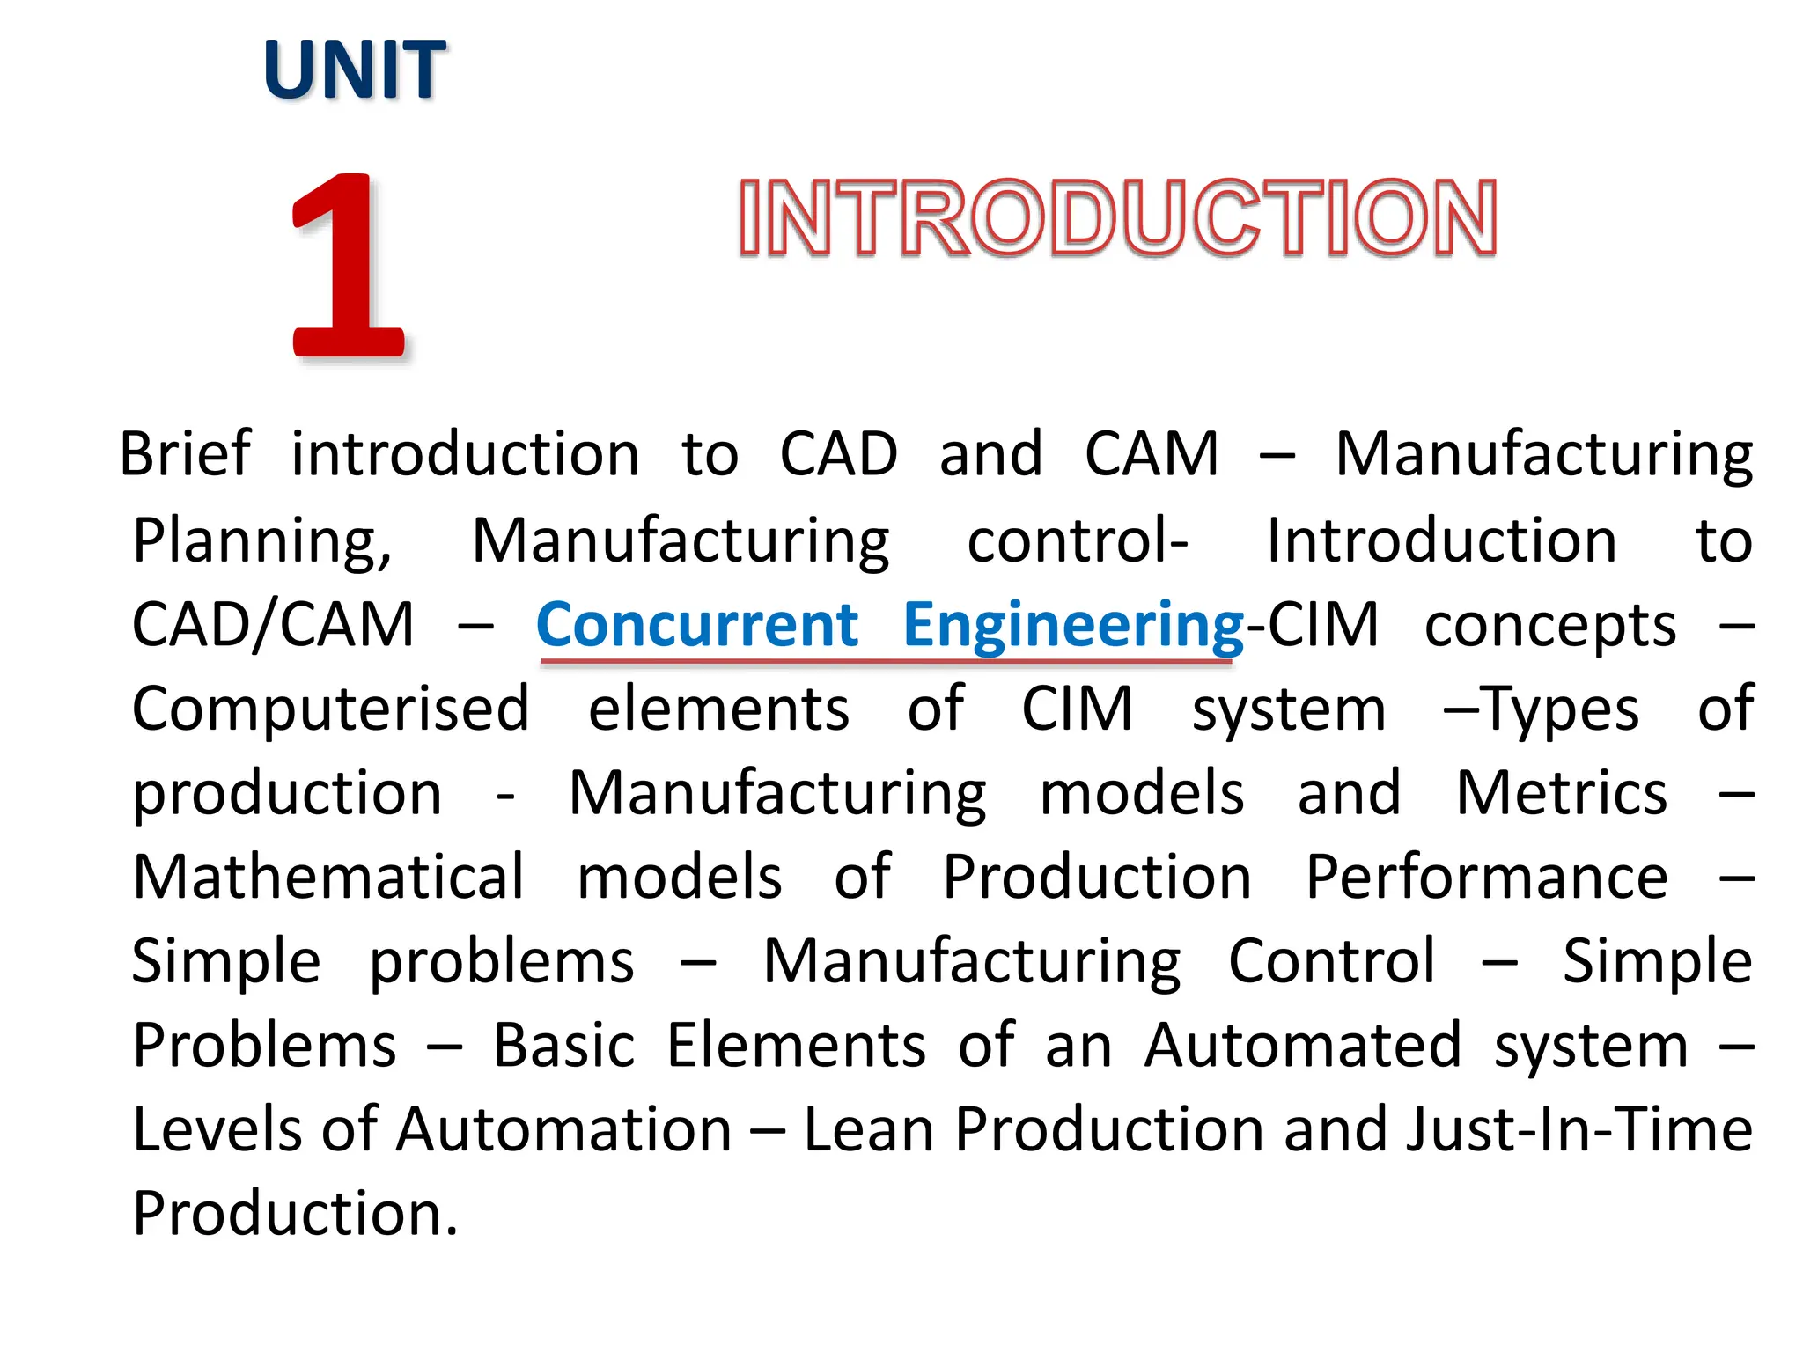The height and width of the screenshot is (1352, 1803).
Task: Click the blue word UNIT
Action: click(354, 70)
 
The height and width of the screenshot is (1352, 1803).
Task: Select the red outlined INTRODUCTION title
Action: click(1117, 217)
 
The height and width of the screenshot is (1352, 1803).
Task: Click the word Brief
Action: click(186, 454)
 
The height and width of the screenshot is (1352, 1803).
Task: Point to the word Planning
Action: click(261, 540)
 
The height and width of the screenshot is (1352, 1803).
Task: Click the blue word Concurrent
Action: click(696, 625)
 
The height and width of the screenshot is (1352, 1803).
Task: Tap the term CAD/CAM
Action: click(273, 625)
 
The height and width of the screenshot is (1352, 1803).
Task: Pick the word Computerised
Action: click(331, 709)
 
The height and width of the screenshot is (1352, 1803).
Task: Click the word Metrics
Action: click(1561, 794)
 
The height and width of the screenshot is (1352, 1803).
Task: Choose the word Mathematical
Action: click(328, 878)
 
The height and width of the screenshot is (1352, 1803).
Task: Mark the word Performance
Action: click(1486, 878)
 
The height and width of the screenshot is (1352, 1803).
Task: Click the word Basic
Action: click(563, 1047)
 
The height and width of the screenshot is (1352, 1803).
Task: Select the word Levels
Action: click(219, 1130)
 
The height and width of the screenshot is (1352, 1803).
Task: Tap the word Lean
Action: click(868, 1130)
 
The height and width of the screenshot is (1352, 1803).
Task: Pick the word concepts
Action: click(1550, 625)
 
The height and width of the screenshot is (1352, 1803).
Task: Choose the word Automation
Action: click(564, 1130)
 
